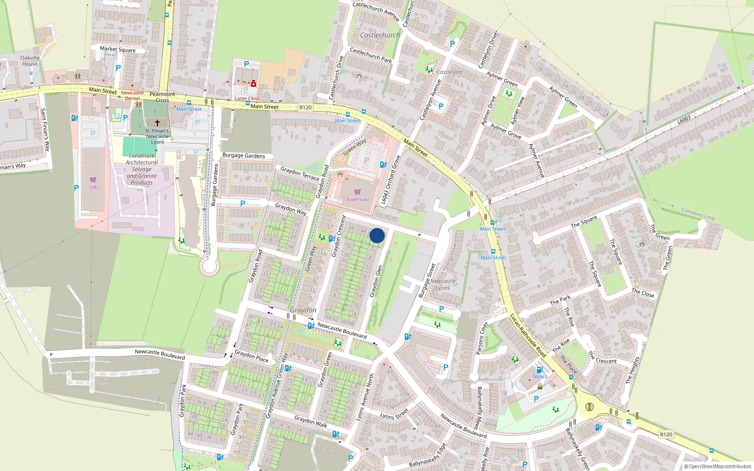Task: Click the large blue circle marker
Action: point(377,235)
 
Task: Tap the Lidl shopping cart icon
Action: point(93,179)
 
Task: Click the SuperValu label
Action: point(358,199)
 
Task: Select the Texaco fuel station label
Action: point(540,376)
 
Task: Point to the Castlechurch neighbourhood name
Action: point(380,35)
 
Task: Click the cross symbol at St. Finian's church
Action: point(157,122)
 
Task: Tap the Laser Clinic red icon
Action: point(253,84)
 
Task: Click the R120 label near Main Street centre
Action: point(305,107)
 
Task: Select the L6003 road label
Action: point(684,120)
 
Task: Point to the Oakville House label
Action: point(30,61)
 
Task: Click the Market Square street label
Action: point(117,49)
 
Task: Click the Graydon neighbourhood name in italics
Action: point(303,310)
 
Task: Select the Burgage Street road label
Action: point(427,280)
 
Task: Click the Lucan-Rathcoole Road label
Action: point(528,335)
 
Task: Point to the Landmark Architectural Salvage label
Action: point(142,169)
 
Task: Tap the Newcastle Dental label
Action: point(132,96)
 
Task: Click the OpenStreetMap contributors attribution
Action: point(717,466)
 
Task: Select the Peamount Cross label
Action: point(162,97)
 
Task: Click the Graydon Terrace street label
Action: point(300,173)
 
